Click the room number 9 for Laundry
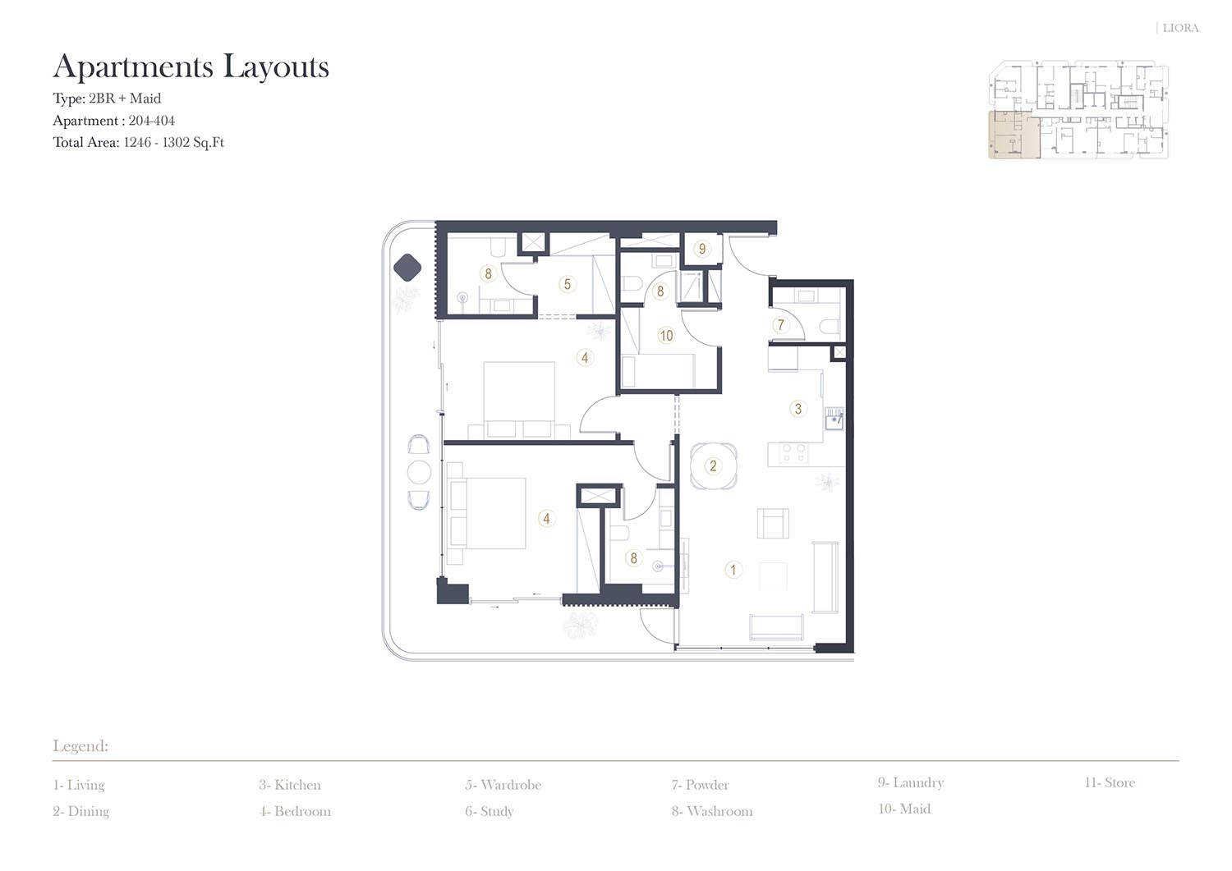701,249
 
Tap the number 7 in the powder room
780,325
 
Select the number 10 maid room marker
666,336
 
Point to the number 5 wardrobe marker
567,284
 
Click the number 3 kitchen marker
798,409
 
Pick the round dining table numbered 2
714,465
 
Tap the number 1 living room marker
733,570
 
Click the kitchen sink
834,419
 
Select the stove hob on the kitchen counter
793,453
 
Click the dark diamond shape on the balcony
407,268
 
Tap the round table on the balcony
419,472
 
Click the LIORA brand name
1180,28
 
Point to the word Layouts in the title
276,66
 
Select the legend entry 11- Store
1110,782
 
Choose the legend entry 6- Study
489,811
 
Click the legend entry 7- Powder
700,785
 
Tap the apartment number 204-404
152,121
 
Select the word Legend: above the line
80,746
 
